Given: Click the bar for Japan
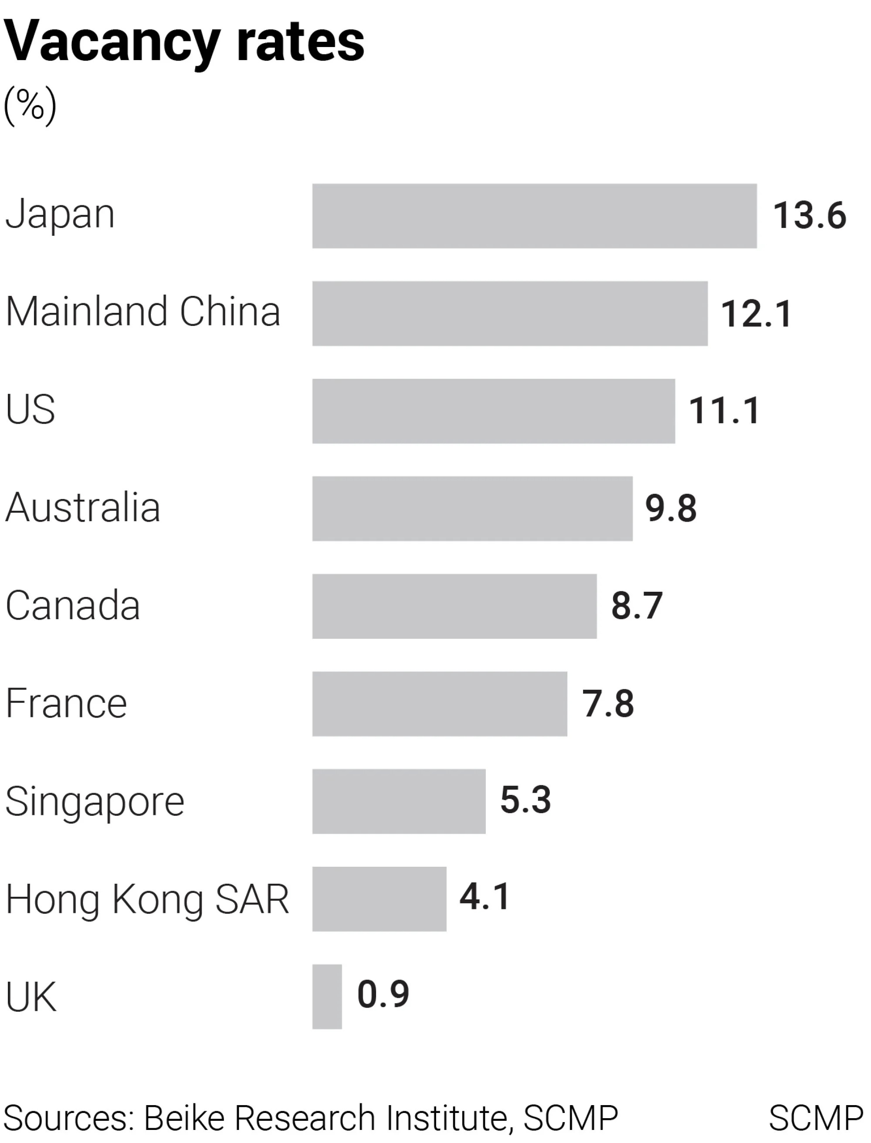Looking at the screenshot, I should pos(534,216).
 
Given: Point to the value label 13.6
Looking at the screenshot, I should pos(809,216).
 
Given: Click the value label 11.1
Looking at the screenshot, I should pos(724,410).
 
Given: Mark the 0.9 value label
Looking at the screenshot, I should pos(383,994).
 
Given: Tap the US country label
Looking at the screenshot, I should pos(30,410).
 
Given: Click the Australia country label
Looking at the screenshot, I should pos(83,508).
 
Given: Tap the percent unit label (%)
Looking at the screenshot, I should pos(30,105).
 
